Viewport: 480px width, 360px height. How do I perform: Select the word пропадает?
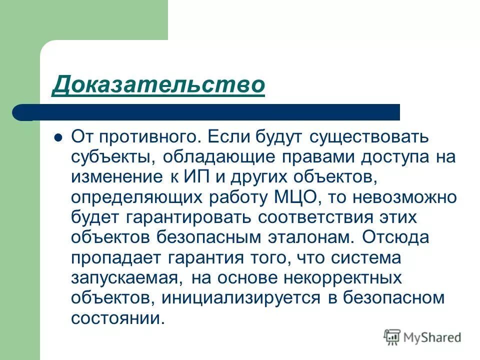tap(115, 258)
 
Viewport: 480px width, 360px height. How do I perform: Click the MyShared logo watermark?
tap(422, 337)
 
